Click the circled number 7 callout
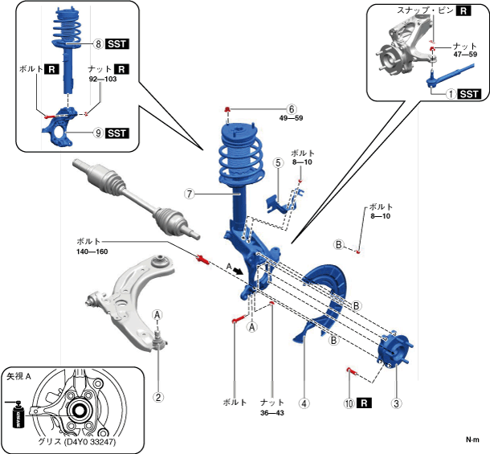[x=190, y=194]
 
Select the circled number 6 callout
[x=292, y=108]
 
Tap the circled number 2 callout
[x=158, y=397]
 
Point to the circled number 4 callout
[x=304, y=403]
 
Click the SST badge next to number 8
[x=117, y=43]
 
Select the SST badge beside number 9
[x=117, y=133]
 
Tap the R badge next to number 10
[x=365, y=403]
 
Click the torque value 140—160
[x=92, y=252]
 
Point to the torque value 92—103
[x=103, y=79]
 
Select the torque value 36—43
[x=272, y=413]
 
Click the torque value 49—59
[x=292, y=118]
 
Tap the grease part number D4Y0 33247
[x=91, y=442]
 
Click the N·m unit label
[x=472, y=440]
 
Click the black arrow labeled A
[x=238, y=271]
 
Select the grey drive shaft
[x=136, y=198]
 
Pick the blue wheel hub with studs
[x=395, y=350]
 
